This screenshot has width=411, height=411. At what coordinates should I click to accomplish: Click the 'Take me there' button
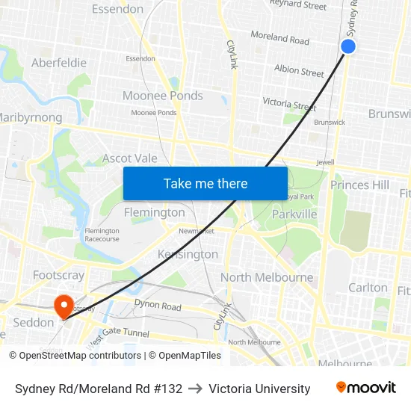205,183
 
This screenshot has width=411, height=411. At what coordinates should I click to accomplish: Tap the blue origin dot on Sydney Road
348,46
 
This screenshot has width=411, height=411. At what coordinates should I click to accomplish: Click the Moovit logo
365,388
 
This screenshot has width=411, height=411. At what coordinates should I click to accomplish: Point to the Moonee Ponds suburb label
162,96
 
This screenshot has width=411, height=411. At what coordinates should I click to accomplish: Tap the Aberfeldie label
59,64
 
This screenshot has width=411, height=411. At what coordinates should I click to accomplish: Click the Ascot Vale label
130,158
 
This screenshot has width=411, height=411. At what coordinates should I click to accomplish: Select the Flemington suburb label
154,212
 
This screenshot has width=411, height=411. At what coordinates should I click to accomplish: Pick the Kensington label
188,254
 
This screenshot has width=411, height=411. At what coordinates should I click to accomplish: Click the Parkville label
294,214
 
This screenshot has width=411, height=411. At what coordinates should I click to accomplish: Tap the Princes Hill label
359,185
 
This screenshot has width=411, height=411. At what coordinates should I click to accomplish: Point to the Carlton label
368,288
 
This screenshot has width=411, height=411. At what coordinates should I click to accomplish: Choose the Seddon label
34,323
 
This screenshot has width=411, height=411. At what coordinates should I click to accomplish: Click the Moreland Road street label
279,37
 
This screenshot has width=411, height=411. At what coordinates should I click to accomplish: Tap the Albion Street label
299,71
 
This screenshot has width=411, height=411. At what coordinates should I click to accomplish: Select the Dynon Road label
158,306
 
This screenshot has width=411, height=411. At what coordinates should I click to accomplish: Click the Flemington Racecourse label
102,235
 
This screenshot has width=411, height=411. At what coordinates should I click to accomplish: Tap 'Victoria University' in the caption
259,389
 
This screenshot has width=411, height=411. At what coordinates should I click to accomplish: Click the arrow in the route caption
196,389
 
